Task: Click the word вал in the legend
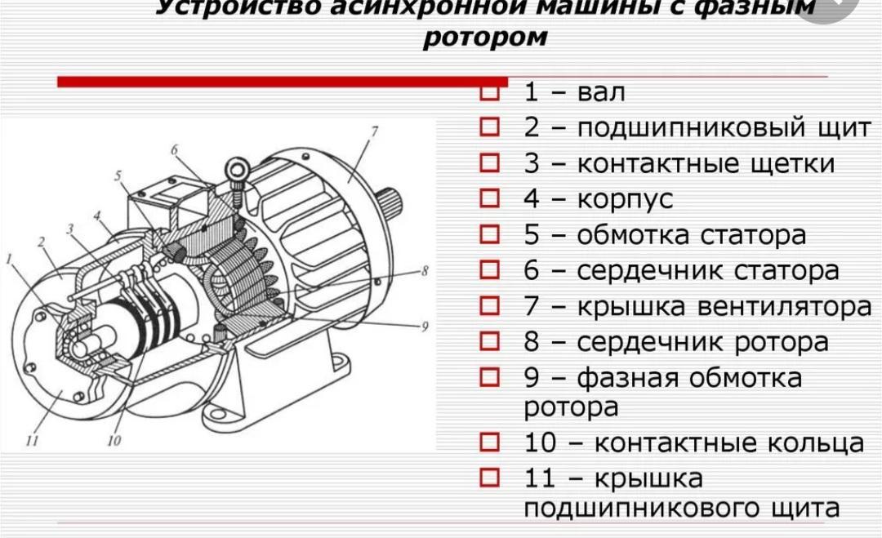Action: pyautogui.click(x=601, y=92)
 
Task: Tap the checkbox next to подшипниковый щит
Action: pyautogui.click(x=489, y=128)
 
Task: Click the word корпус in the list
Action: pyautogui.click(x=626, y=199)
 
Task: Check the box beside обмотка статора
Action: pyautogui.click(x=489, y=234)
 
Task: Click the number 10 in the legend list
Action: pyautogui.click(x=540, y=443)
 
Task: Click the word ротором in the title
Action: pyautogui.click(x=485, y=38)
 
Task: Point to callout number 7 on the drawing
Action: pyautogui.click(x=374, y=131)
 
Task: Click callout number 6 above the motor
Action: pyautogui.click(x=174, y=149)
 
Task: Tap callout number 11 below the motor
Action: pyautogui.click(x=33, y=442)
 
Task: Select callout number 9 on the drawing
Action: pyautogui.click(x=425, y=327)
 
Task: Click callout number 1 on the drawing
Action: pyautogui.click(x=10, y=260)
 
